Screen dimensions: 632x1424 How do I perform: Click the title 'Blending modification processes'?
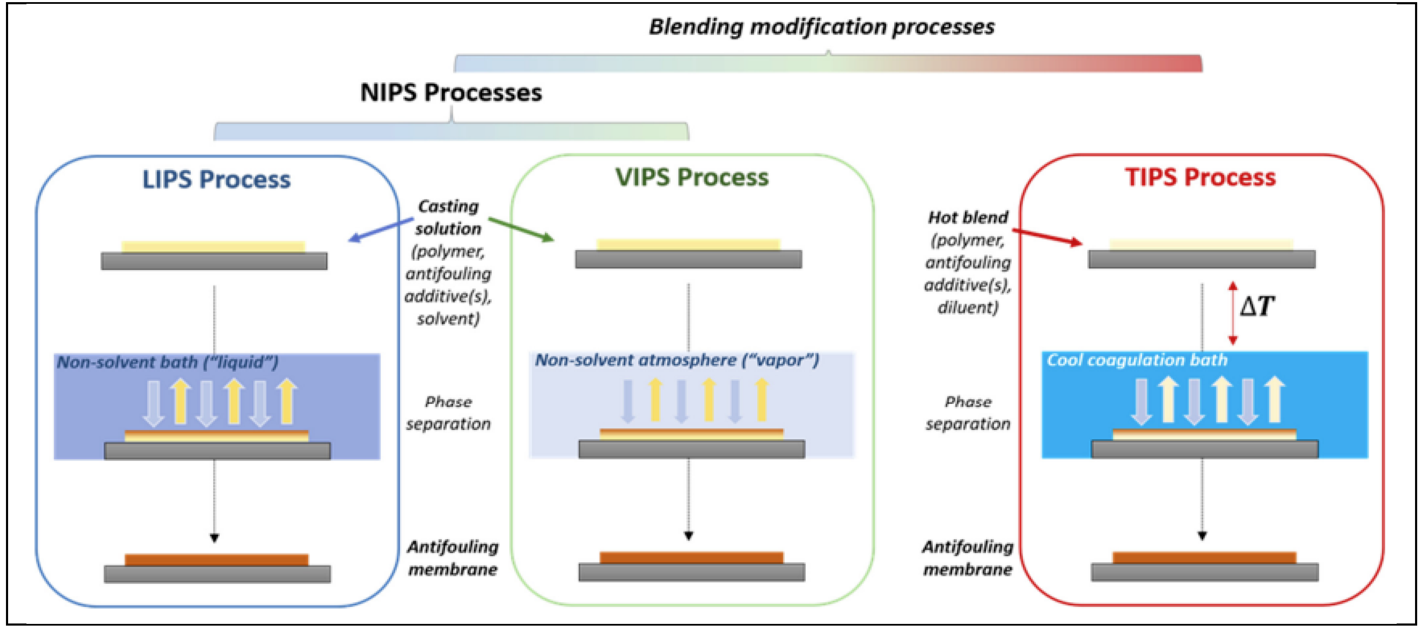coord(822,26)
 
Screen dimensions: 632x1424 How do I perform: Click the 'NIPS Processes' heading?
coord(451,92)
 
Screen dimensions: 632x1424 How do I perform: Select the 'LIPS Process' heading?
coord(216,179)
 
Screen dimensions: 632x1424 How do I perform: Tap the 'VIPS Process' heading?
coord(692,177)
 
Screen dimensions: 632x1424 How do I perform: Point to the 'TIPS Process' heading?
coord(1200,177)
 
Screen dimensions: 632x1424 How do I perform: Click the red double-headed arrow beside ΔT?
coord(1232,313)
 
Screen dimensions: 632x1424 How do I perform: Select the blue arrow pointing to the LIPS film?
coord(381,230)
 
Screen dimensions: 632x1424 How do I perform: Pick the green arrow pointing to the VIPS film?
coord(521,229)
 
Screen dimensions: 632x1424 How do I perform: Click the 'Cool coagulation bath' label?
coord(1137,360)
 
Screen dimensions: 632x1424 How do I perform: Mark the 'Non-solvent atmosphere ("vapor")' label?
coord(677,360)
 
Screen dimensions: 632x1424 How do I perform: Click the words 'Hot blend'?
coord(968,217)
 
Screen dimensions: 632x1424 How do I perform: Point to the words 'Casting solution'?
coord(448,217)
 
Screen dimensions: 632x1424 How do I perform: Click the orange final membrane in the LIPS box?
coord(216,560)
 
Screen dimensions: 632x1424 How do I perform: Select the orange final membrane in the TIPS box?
coord(1204,557)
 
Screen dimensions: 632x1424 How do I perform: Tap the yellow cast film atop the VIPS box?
coord(688,245)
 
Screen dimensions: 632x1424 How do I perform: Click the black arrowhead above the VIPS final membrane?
coord(688,535)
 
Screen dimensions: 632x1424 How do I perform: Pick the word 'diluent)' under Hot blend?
coord(968,307)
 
